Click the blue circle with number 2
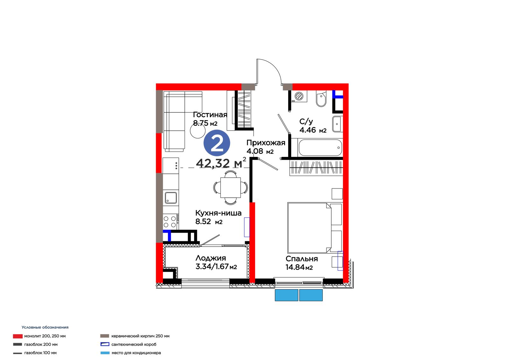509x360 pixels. tap(217, 143)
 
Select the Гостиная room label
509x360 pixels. tap(210, 115)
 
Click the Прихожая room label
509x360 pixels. tap(266, 143)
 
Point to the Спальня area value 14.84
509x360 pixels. tap(295, 267)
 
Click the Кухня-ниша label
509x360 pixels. tap(218, 213)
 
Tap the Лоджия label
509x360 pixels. tap(211, 258)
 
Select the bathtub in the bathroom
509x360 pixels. tap(320, 148)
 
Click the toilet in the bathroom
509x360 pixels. tap(321, 99)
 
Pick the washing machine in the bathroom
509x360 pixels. tap(299, 96)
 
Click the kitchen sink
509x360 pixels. tap(171, 198)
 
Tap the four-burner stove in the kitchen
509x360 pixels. tap(170, 222)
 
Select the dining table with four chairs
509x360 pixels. tap(230, 187)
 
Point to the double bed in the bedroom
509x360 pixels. tap(315, 228)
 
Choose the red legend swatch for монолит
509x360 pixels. tap(18, 336)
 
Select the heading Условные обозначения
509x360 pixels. tap(45, 327)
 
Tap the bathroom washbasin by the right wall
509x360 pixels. tap(338, 124)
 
